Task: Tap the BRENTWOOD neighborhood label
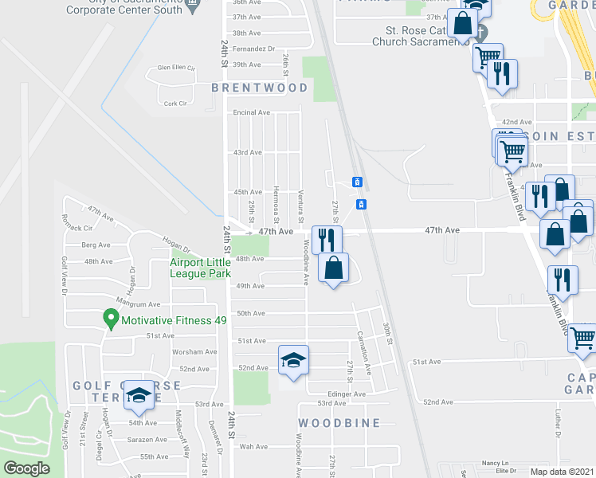tap(260, 88)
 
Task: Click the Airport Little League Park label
tap(200, 268)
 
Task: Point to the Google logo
tap(26, 468)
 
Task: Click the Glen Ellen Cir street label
tap(177, 68)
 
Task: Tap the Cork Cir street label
tap(174, 104)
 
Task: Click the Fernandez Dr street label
tap(253, 49)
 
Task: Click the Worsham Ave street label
tap(194, 351)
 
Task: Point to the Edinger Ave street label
tap(347, 394)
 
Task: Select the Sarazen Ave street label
tap(149, 439)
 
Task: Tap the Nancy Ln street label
tap(494, 463)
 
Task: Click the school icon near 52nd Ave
tap(292, 361)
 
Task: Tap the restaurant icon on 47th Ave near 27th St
tap(327, 239)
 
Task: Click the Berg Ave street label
tap(96, 245)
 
